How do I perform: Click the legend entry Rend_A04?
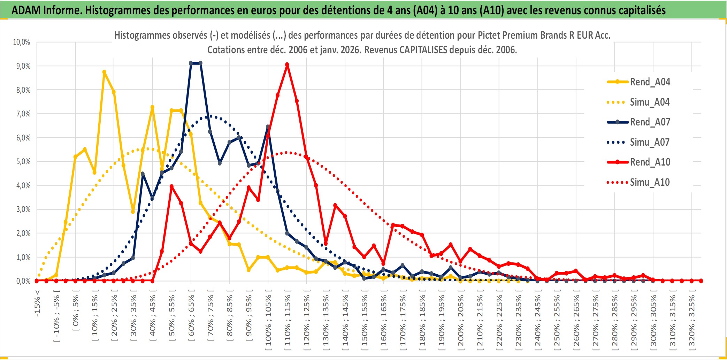pyautogui.click(x=650, y=82)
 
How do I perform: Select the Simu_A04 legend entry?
pyautogui.click(x=650, y=102)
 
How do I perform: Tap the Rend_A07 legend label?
pyautogui.click(x=650, y=122)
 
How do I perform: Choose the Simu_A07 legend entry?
pyautogui.click(x=650, y=142)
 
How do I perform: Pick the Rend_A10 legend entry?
pyautogui.click(x=650, y=162)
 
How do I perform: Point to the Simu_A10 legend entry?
pyautogui.click(x=650, y=182)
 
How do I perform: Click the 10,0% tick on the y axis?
pyautogui.click(x=22, y=42)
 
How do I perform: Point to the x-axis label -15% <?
pyautogui.click(x=37, y=303)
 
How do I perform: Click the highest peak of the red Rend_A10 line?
pyautogui.click(x=287, y=65)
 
